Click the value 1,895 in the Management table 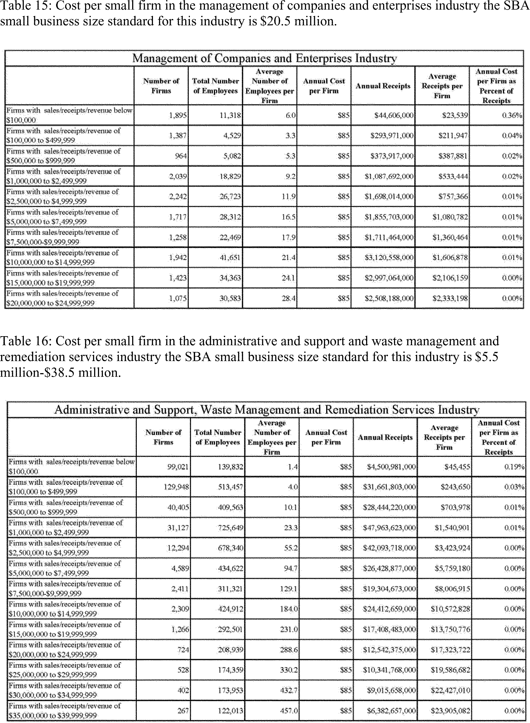click(178, 115)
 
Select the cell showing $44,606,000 click(394, 115)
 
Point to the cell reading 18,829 click(230, 176)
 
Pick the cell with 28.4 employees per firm click(288, 298)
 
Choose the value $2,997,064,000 click(389, 278)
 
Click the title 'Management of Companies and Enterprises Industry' click(264, 58)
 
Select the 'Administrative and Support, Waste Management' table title click(267, 410)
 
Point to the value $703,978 click(455, 507)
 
